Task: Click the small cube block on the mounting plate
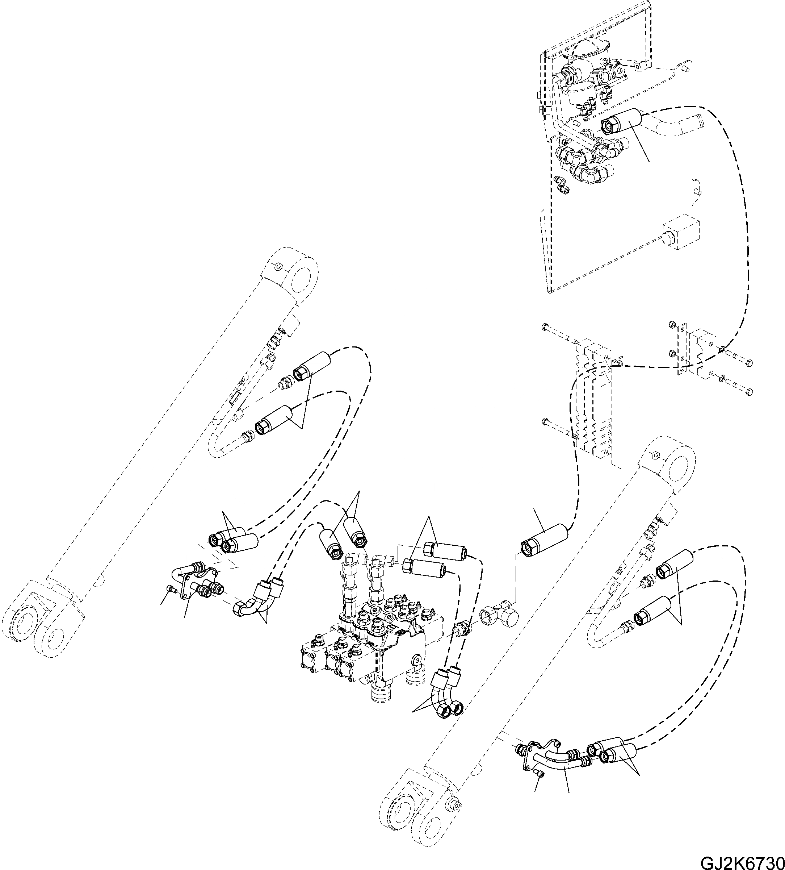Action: tap(681, 233)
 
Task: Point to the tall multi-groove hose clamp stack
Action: tap(597, 401)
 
